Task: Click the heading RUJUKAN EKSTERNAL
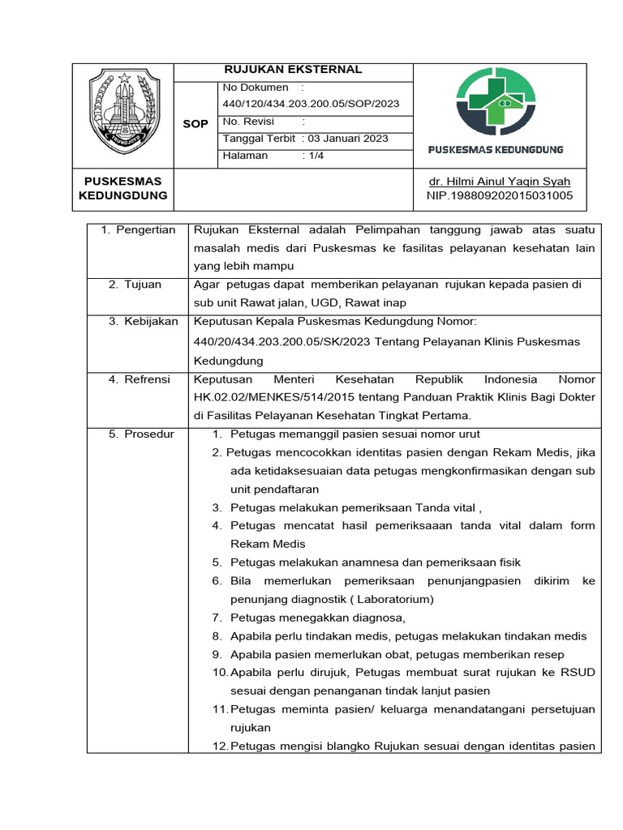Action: click(x=293, y=70)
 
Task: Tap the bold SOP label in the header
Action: click(x=196, y=124)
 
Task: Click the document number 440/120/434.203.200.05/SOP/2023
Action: click(x=311, y=104)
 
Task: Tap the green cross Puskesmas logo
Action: click(x=496, y=103)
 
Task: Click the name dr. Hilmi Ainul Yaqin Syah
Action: click(x=499, y=182)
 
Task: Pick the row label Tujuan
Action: click(x=143, y=285)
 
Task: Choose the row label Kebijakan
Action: click(x=151, y=322)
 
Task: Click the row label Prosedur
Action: click(x=149, y=434)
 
